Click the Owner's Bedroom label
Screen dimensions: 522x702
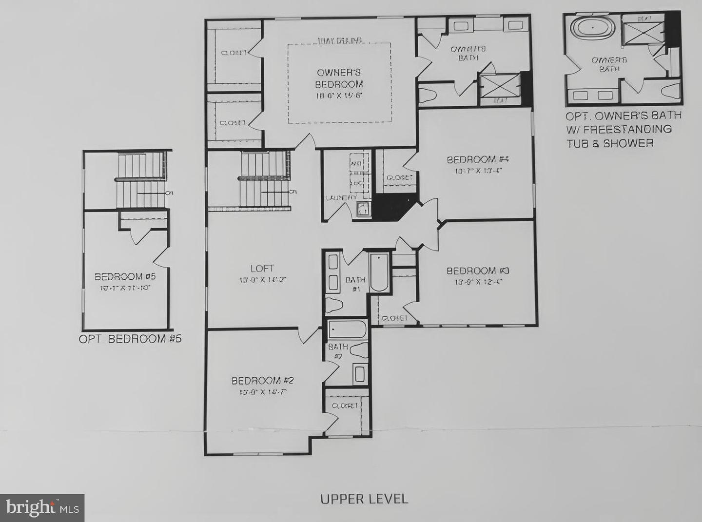(339, 78)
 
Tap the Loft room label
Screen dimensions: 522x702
(262, 269)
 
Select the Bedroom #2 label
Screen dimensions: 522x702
(262, 381)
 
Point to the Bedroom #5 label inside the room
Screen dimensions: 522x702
(125, 277)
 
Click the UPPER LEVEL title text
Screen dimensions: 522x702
(364, 499)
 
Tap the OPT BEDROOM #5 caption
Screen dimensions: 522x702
(130, 339)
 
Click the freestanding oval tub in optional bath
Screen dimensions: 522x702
(593, 27)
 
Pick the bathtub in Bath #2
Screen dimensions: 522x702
(347, 330)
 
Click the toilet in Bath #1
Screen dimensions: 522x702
(334, 305)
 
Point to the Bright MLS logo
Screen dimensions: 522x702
(42, 508)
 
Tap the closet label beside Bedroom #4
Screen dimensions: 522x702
(399, 178)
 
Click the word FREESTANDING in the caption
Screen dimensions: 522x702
(627, 129)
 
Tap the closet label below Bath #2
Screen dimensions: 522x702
(345, 406)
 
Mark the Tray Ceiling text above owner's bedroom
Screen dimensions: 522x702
(339, 40)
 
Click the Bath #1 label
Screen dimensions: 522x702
(355, 283)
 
